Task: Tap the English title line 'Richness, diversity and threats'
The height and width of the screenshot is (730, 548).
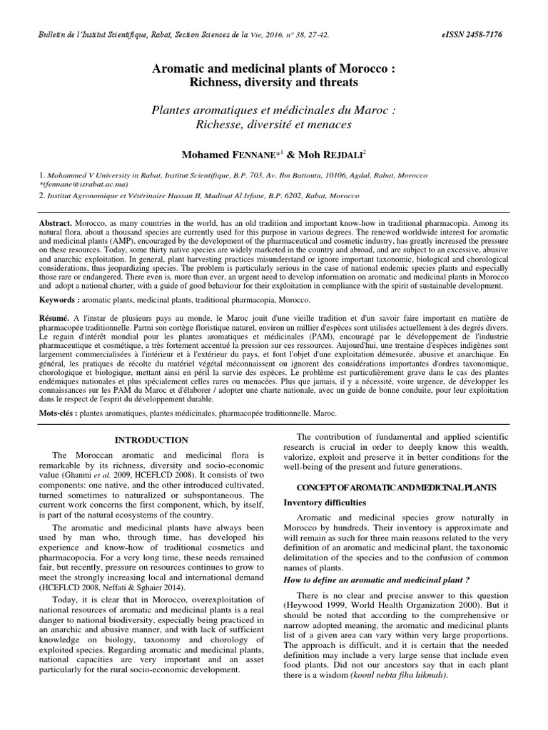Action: [x=274, y=83]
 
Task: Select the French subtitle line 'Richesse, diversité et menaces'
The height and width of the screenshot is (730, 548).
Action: [x=274, y=125]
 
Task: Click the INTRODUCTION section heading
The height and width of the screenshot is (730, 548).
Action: [x=152, y=440]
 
